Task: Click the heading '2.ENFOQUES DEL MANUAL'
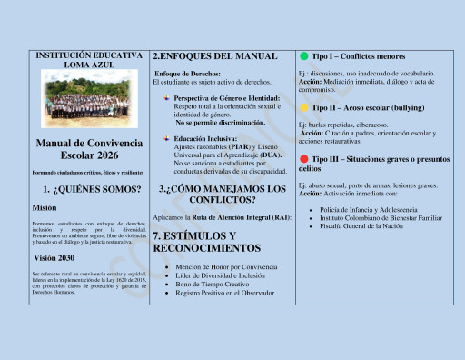pos(214,56)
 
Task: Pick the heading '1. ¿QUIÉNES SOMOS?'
pos(91,189)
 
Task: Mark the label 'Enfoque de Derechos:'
pos(189,73)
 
